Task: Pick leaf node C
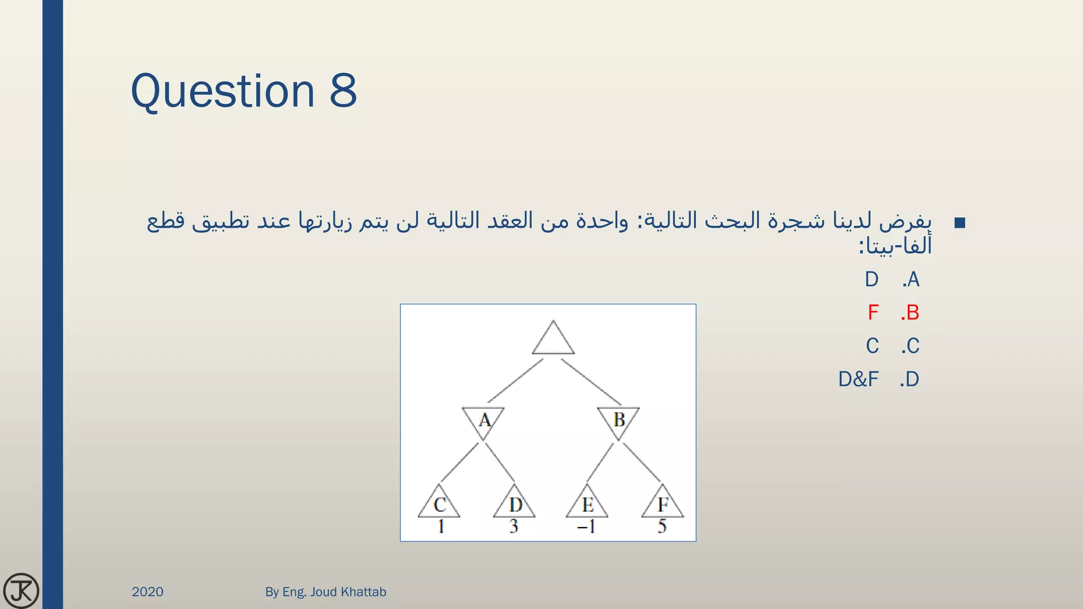coord(439,504)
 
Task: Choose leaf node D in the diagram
coord(515,504)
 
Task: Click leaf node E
coord(588,504)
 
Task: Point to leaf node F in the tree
coord(663,504)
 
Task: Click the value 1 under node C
coord(441,527)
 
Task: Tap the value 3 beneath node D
coord(514,527)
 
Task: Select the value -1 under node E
coord(586,527)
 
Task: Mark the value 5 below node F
coord(662,527)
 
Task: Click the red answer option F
coord(873,312)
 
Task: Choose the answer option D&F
coord(858,379)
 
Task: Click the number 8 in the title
coord(343,91)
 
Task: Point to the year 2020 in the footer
coord(148,592)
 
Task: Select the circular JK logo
coord(21,590)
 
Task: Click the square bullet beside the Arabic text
coord(960,223)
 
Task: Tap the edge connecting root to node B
coord(591,382)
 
